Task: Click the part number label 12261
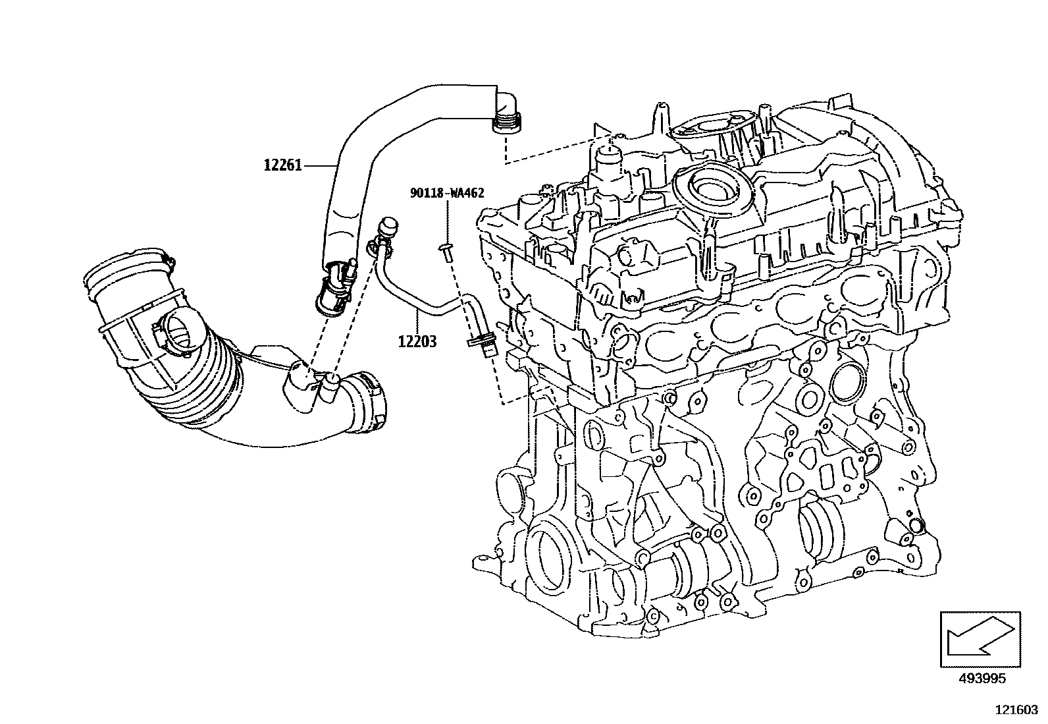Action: (282, 165)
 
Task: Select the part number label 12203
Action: (417, 342)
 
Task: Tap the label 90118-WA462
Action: (447, 193)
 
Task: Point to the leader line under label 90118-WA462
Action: (448, 221)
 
